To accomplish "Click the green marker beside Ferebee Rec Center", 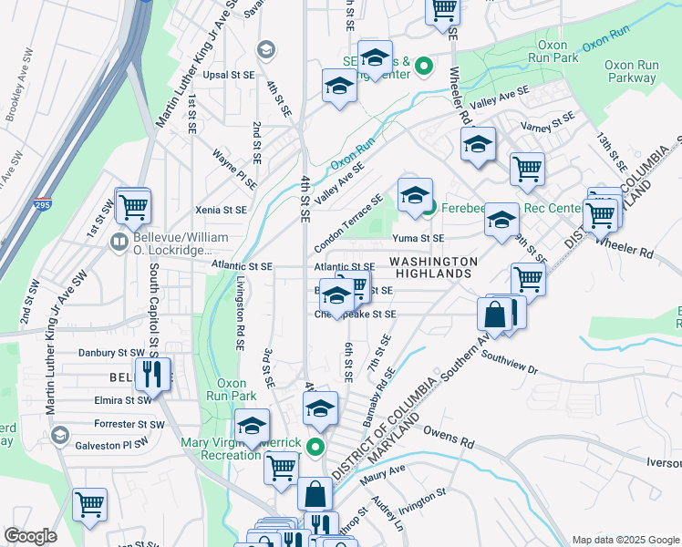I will (x=429, y=208).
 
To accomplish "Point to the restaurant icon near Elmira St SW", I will (x=151, y=373).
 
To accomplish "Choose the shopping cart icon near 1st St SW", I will (x=133, y=205).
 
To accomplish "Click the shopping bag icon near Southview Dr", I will (x=494, y=315).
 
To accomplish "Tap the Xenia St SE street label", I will (x=222, y=210).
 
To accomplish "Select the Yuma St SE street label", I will (x=418, y=238).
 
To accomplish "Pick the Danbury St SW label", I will (x=111, y=352).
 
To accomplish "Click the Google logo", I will (x=31, y=536).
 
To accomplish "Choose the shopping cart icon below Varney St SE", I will (x=526, y=169).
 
